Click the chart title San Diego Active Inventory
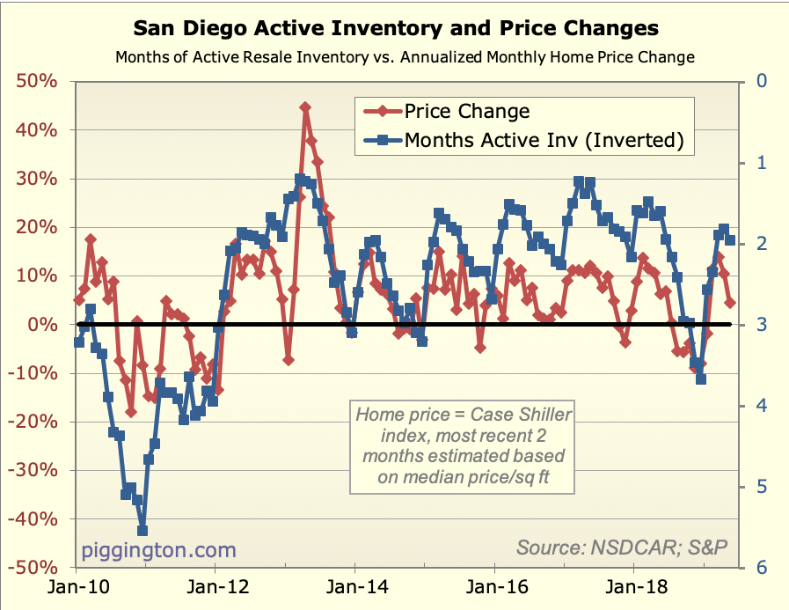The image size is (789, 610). [x=395, y=29]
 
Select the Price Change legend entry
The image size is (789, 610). [x=467, y=111]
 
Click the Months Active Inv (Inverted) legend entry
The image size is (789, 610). [x=543, y=139]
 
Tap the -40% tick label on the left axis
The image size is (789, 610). [x=34, y=519]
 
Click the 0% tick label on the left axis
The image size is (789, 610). [x=42, y=325]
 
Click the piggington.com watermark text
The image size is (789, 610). [x=159, y=550]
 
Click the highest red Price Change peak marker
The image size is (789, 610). [x=305, y=107]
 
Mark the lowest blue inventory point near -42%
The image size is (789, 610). [x=142, y=531]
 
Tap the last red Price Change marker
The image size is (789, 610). [x=730, y=303]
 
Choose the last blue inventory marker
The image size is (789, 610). [x=730, y=240]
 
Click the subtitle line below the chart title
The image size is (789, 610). [x=405, y=58]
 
